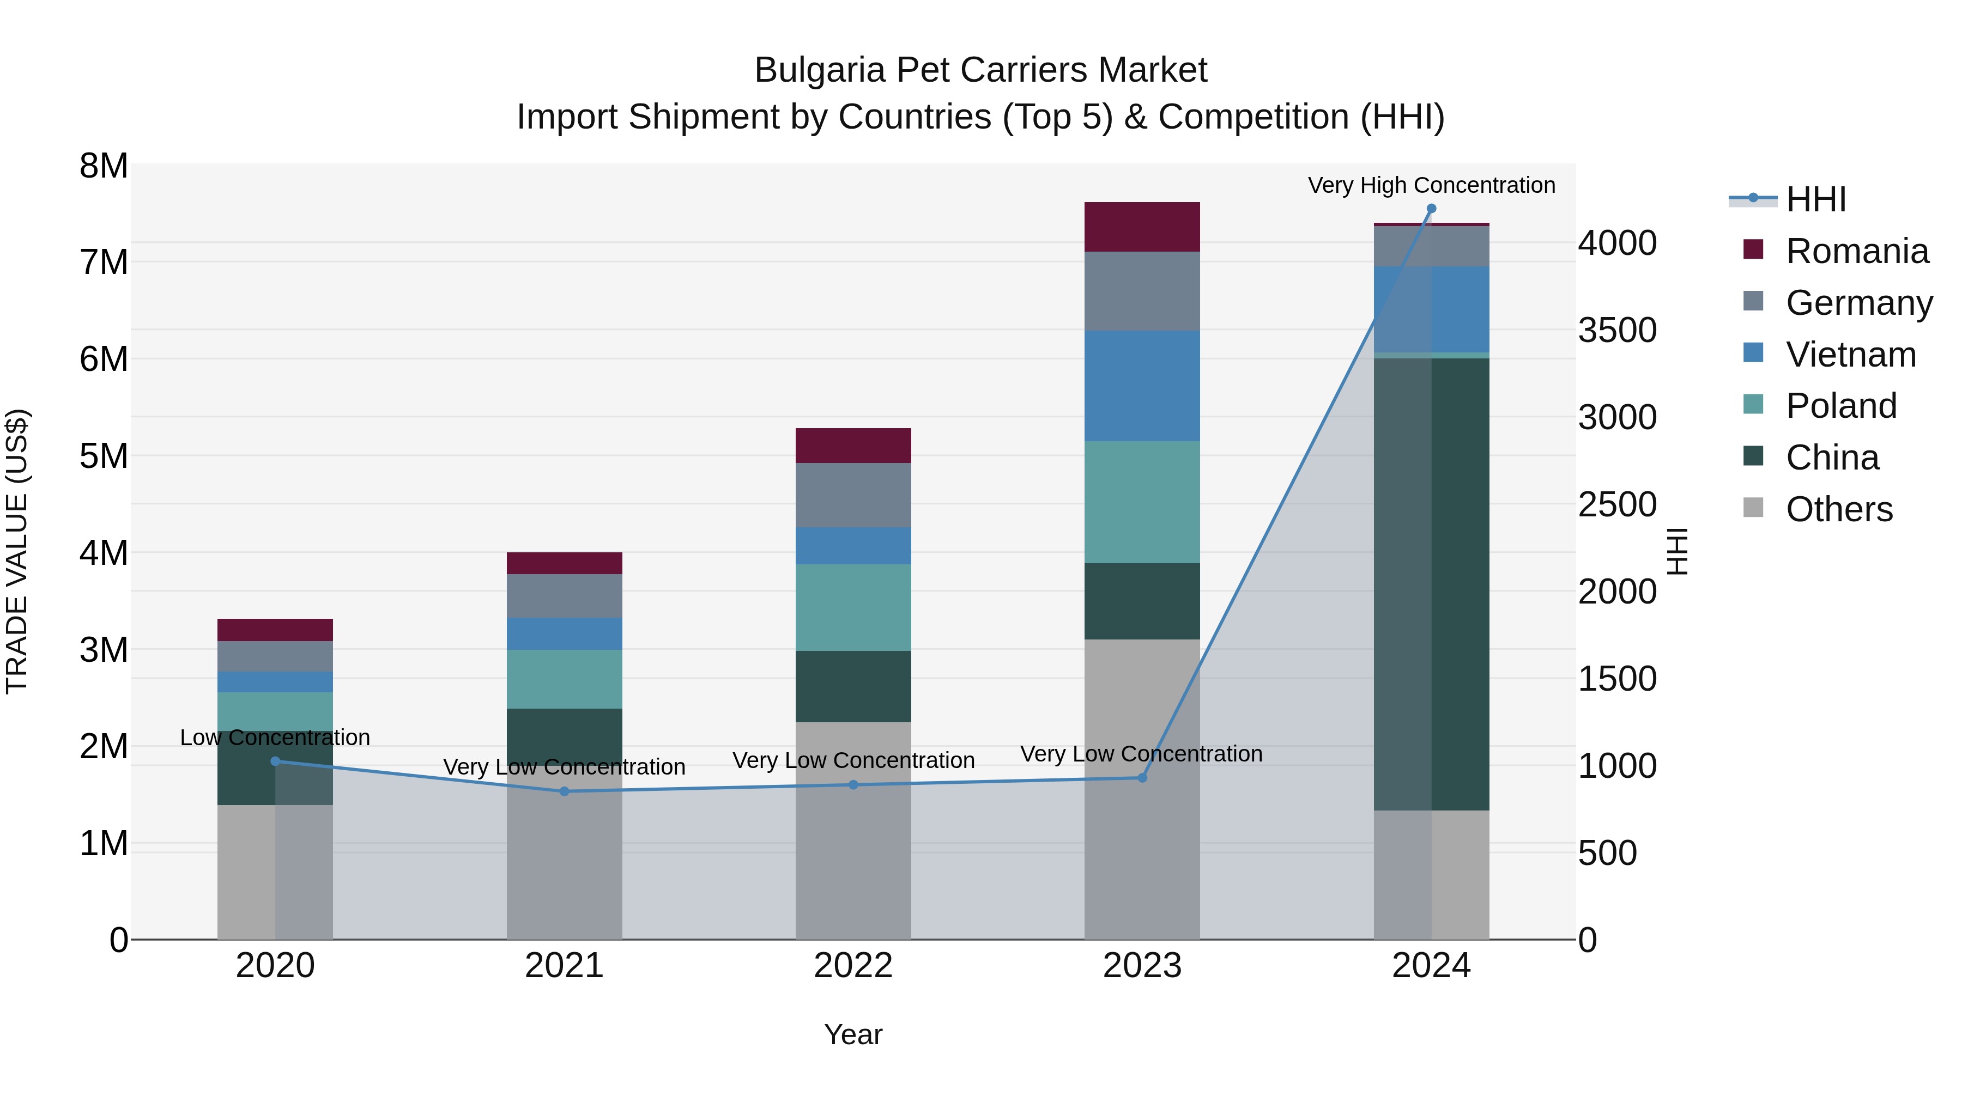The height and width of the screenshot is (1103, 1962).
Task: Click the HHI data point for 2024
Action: point(1431,209)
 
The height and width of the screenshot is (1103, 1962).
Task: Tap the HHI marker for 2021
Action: point(565,791)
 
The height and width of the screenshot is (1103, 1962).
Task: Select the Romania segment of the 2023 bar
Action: point(1142,227)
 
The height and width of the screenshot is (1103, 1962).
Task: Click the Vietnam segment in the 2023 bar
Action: point(1142,386)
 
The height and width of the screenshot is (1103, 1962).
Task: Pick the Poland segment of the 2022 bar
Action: point(853,607)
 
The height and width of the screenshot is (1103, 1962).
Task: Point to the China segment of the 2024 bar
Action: point(1431,584)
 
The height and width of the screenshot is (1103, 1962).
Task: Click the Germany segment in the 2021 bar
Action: point(565,596)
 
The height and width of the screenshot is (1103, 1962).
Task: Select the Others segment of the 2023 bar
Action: point(1142,789)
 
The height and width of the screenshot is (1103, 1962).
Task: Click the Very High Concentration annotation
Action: point(1431,185)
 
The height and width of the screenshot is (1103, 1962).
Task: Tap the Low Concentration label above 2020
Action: point(275,738)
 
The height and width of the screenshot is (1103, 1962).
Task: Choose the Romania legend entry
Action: point(1856,251)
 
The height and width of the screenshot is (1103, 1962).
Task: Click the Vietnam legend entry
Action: point(1850,355)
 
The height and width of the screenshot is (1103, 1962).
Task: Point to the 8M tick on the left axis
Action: point(104,166)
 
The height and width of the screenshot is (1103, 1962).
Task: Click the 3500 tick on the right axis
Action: point(1617,331)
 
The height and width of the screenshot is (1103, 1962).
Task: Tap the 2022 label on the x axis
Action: point(853,966)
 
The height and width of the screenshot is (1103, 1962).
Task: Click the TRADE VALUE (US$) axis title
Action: point(17,551)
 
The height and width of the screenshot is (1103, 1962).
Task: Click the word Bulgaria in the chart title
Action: point(819,70)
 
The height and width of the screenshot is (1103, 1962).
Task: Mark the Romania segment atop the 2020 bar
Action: point(275,630)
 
